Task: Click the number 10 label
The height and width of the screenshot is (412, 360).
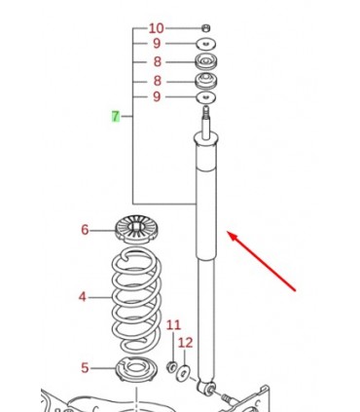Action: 157,28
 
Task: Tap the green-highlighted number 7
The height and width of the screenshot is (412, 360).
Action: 116,116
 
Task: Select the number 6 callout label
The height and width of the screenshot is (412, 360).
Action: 85,230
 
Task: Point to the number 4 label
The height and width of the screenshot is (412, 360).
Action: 83,297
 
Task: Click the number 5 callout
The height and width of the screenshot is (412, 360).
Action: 85,368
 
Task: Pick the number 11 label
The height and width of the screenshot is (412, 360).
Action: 173,325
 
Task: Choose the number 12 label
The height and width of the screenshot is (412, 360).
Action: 186,343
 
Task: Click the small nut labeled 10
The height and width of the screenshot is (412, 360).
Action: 205,28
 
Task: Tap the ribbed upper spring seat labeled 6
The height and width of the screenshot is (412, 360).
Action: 137,229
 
